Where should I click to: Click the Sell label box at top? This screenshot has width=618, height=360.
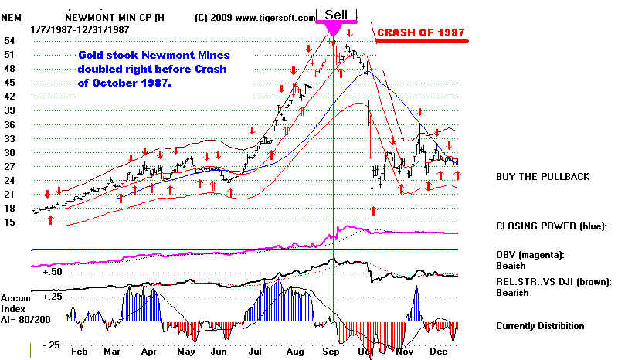point(336,14)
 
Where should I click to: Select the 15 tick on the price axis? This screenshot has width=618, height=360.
point(11,222)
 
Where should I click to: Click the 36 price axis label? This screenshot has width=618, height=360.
point(11,110)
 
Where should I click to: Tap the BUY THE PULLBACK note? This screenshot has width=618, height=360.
point(542,177)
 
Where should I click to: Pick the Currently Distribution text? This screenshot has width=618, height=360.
point(540,326)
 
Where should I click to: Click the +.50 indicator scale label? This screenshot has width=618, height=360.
point(53,273)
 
